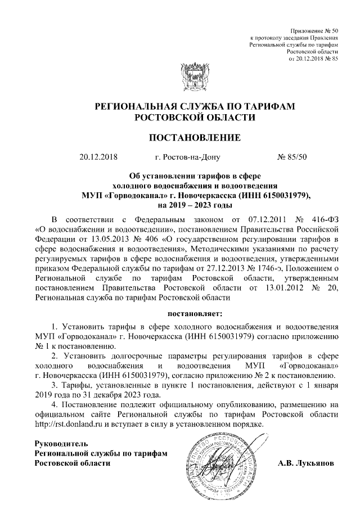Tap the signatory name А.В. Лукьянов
(x=306, y=464)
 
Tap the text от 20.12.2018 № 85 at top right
(x=312, y=58)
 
